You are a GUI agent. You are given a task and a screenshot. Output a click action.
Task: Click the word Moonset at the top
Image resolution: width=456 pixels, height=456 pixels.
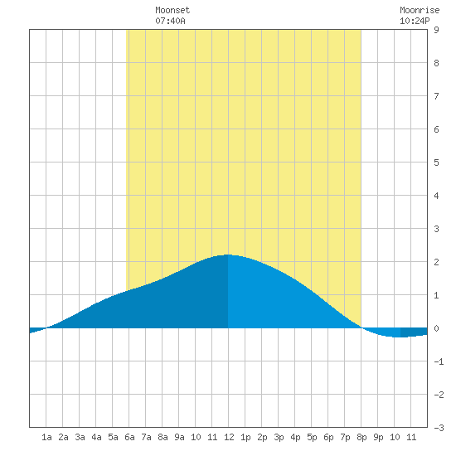(172, 10)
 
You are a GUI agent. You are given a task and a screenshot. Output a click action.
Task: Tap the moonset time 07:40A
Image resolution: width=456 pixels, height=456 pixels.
(170, 21)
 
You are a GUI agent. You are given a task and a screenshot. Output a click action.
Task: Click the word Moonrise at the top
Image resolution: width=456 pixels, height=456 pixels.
(420, 10)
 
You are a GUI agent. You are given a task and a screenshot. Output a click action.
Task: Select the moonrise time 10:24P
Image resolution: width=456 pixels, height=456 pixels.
(415, 21)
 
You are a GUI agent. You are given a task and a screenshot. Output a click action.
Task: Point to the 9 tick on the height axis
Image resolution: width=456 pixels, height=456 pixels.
(436, 30)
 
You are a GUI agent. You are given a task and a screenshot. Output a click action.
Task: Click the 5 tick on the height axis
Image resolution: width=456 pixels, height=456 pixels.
(436, 163)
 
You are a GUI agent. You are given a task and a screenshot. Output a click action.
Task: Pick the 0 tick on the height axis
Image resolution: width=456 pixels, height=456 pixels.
(436, 328)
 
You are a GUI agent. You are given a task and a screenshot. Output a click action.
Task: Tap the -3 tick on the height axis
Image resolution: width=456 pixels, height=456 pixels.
(439, 428)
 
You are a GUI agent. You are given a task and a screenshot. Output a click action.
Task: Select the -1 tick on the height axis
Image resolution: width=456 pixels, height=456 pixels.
(439, 361)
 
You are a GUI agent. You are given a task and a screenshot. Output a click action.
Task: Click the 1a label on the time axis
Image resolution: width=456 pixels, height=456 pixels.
(46, 437)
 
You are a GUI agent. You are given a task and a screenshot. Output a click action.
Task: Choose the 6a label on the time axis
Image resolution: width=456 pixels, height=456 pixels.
(129, 437)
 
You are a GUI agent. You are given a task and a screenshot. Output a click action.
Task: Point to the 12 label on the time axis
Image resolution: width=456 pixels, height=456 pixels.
(229, 437)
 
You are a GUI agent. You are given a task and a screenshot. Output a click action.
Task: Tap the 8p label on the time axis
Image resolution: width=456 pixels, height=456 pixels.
(361, 437)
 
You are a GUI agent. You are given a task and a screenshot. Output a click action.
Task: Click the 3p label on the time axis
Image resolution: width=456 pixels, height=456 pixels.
(279, 437)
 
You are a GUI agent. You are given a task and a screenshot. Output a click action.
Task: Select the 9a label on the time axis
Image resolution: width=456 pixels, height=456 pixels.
(179, 437)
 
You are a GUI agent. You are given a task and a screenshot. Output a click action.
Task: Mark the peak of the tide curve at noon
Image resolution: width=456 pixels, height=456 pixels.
(228, 255)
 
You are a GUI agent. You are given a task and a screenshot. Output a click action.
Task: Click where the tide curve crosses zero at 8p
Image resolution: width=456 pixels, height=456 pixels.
(361, 327)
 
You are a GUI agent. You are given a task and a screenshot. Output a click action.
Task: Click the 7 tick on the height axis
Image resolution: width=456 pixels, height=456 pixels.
(436, 96)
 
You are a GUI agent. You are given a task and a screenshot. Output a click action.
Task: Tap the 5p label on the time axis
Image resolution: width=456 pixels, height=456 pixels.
(312, 437)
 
